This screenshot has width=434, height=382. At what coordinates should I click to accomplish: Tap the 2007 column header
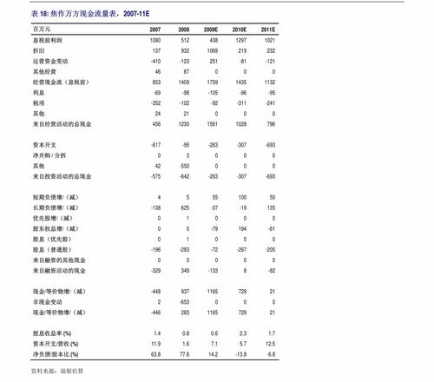155,29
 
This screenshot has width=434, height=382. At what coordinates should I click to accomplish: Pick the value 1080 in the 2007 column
155,41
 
